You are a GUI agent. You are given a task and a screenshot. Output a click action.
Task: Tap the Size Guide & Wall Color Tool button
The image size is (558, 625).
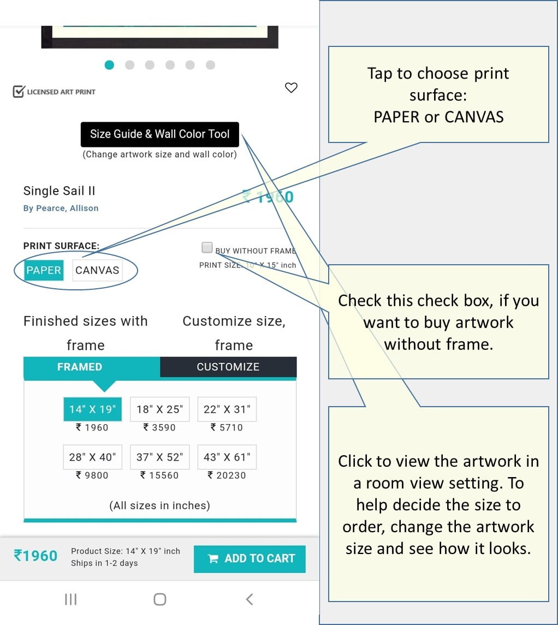pos(159,134)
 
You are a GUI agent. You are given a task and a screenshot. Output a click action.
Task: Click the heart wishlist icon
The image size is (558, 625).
pos(292,87)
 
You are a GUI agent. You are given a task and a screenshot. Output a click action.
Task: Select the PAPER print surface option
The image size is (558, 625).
pos(44,270)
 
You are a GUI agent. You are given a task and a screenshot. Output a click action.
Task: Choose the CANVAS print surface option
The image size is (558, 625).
pos(97,270)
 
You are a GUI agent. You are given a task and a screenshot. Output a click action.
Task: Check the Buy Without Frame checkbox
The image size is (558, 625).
pos(207,248)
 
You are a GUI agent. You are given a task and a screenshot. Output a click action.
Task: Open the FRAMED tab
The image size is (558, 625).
pos(80,367)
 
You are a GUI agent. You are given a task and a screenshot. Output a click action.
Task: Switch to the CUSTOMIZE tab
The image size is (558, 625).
pos(228,367)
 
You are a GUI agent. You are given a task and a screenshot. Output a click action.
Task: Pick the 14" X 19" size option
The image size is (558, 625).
pos(92,409)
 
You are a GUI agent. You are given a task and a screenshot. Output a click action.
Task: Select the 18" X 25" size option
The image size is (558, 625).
pos(159,409)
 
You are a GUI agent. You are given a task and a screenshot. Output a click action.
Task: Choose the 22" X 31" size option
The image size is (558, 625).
pos(227,409)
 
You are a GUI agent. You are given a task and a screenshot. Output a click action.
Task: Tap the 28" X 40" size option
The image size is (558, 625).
pos(92,457)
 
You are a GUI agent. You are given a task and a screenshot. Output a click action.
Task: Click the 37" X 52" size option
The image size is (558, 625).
pos(159,457)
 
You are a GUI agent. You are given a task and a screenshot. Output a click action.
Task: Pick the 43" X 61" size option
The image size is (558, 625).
pos(227,457)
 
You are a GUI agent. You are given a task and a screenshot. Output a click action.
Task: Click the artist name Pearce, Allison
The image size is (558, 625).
pos(67,208)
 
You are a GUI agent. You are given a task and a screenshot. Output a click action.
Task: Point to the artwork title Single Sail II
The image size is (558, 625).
pos(59,191)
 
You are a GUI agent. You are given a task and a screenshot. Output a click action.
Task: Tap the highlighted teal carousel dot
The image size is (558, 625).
pos(109,65)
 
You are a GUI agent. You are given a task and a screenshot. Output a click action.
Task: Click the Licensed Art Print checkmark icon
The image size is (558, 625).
pos(19,91)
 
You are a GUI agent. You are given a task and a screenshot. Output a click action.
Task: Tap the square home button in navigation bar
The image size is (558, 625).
pos(159,599)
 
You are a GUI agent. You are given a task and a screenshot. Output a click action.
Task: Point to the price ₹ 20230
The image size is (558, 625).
pos(227,475)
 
